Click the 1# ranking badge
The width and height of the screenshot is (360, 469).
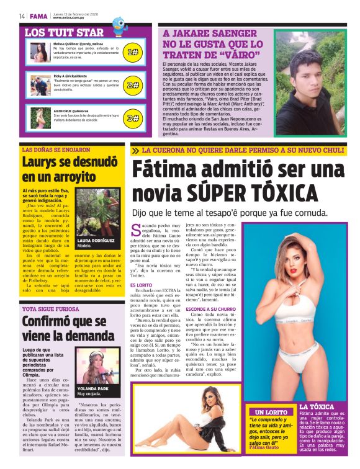[133, 53]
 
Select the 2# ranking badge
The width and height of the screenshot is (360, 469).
[133, 85]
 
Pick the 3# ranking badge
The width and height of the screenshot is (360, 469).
[133, 117]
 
